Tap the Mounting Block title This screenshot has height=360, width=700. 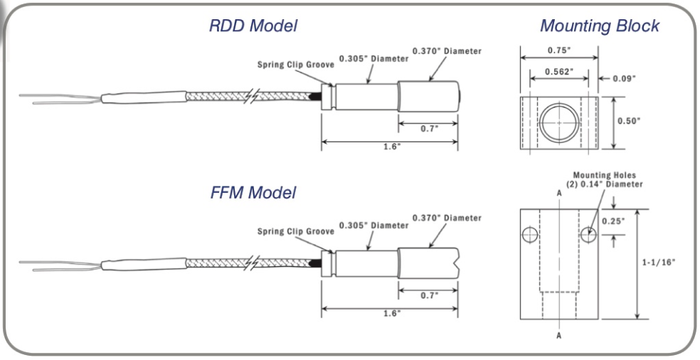coord(600,26)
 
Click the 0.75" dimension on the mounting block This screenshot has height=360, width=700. coord(557,51)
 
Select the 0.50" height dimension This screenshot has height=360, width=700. coord(627,121)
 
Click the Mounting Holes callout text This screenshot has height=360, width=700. coord(606,179)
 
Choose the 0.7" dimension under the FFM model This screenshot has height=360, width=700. coord(428,294)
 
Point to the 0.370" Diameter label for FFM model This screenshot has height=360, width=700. coord(447,218)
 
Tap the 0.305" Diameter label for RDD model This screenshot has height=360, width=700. coord(374,58)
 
